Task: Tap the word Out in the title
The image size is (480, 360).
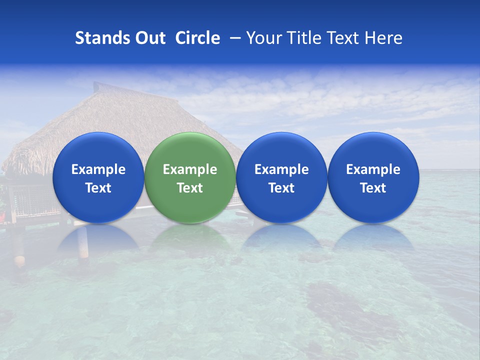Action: pyautogui.click(x=149, y=38)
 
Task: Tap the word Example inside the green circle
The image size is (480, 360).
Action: pyautogui.click(x=190, y=169)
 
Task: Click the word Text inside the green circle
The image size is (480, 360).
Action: pyautogui.click(x=190, y=188)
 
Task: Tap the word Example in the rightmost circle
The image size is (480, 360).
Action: pyautogui.click(x=373, y=169)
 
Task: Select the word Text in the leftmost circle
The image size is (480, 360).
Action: pyautogui.click(x=98, y=188)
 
